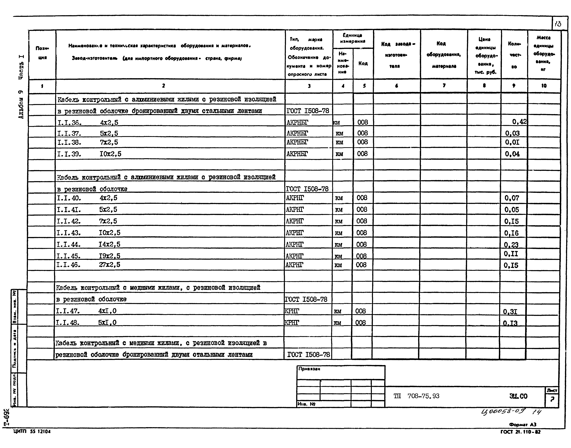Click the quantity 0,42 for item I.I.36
pyautogui.click(x=519, y=122)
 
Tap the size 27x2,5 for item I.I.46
pyautogui.click(x=109, y=265)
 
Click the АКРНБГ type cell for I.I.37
pyautogui.click(x=297, y=133)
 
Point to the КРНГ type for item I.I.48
pyautogui.click(x=292, y=322)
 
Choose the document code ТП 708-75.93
pyautogui.click(x=416, y=396)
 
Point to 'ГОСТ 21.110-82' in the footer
pyautogui.click(x=520, y=432)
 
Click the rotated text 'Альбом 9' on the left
pyautogui.click(x=21, y=104)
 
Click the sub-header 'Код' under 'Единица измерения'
pyautogui.click(x=363, y=63)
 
